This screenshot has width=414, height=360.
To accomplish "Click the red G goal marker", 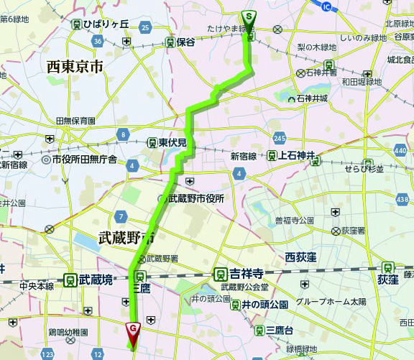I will tap(133, 330).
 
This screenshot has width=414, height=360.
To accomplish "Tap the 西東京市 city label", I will tap(75, 67).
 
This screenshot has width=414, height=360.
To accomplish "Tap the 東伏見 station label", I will tap(172, 142).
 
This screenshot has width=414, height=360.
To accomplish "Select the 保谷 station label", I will tap(185, 42).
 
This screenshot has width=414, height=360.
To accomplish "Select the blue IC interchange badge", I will tap(328, 6).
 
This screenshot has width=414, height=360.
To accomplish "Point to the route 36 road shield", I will tap(98, 42).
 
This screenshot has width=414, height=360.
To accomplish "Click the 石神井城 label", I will tap(313, 98).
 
